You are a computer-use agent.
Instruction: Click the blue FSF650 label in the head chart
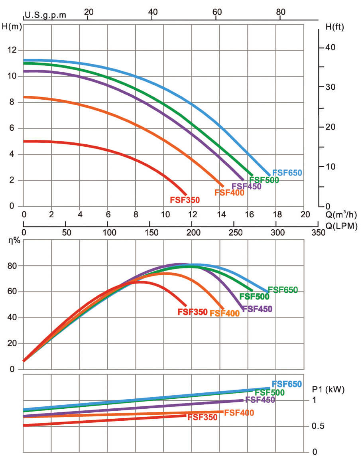point(287,173)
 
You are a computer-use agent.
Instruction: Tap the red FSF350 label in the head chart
point(185,200)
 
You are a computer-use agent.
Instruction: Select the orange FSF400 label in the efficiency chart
point(224,313)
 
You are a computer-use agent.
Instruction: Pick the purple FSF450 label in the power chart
point(260,400)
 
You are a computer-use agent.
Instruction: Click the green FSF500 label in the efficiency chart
point(254,297)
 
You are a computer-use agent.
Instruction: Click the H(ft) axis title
point(334,27)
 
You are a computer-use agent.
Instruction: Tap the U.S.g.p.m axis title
point(45,16)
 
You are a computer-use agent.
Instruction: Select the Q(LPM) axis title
point(340,225)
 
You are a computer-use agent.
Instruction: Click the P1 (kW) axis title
point(327,389)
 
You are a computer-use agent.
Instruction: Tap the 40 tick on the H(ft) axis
point(331,47)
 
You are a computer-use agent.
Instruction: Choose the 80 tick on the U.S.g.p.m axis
point(281,12)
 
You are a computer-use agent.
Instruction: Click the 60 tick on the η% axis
point(12,292)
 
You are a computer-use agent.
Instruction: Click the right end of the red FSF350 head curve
point(185,194)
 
